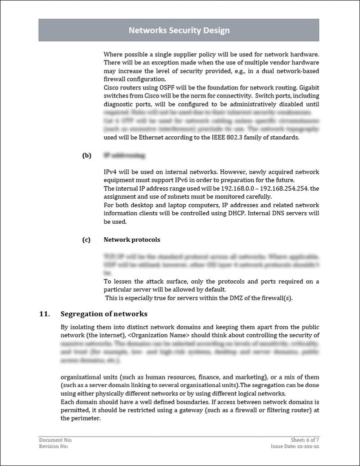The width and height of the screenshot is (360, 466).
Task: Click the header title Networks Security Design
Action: tap(179, 30)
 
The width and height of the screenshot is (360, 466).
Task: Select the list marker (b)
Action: tap(86, 155)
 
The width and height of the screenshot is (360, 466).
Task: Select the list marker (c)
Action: tap(86, 240)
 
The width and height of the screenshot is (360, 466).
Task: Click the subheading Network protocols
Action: tap(132, 240)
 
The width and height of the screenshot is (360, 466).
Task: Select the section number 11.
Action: tap(44, 314)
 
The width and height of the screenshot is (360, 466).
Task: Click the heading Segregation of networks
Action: tap(103, 314)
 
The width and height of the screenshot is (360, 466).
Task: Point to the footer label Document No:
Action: tap(55, 440)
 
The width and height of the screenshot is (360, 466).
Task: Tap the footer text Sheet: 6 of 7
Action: tap(305, 440)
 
